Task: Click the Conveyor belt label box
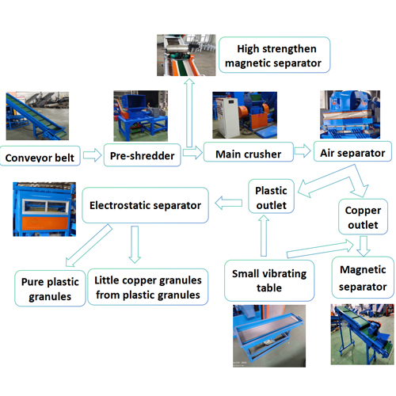click(40, 156)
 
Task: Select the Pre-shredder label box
click(143, 155)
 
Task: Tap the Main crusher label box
click(249, 152)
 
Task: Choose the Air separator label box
click(352, 151)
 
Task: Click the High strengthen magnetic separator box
click(275, 55)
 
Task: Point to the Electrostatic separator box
click(145, 205)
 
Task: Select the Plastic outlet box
click(271, 196)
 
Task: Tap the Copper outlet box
click(363, 217)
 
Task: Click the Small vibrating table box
click(269, 280)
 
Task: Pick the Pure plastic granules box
click(50, 288)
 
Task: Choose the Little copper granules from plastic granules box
click(148, 287)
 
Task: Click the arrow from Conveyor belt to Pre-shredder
click(92, 155)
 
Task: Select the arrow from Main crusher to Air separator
click(303, 150)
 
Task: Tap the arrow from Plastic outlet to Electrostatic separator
click(229, 203)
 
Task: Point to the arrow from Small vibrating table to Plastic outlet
click(264, 235)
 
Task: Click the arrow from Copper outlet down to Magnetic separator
click(364, 246)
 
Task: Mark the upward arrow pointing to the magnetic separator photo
click(189, 112)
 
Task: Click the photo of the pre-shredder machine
click(140, 116)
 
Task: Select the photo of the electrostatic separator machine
click(44, 209)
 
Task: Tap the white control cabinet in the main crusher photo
click(227, 117)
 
